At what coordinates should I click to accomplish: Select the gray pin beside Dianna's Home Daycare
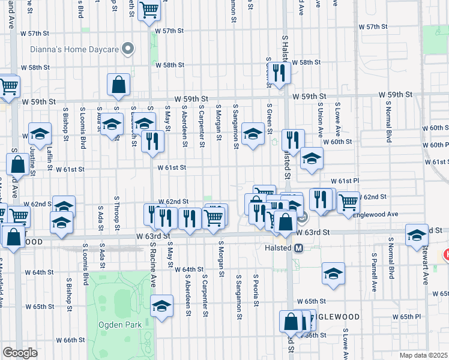[127, 49]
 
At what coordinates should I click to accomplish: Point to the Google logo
[20, 353]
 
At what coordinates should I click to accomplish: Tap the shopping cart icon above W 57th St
[149, 10]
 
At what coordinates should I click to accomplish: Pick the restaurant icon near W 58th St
[279, 73]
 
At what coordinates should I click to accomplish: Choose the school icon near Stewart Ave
[417, 235]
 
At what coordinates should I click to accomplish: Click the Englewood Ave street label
[376, 214]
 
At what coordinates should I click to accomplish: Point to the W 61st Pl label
[344, 181]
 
